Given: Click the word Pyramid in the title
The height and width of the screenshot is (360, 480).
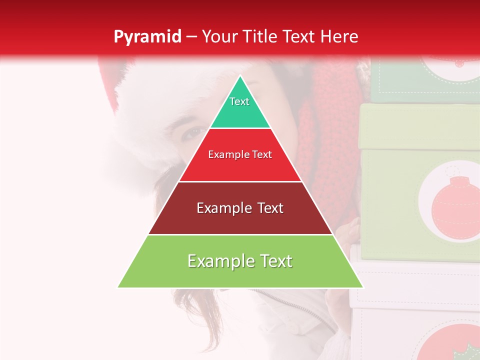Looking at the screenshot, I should tap(147, 36).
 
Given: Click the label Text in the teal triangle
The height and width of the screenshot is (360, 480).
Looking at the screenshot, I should tap(239, 101).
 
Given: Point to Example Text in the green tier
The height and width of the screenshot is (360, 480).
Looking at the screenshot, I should tap(240, 261).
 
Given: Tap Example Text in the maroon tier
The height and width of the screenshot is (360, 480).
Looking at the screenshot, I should tap(240, 208).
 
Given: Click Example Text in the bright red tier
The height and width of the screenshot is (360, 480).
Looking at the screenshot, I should tap(240, 154).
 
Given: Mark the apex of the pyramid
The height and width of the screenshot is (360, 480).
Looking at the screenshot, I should tap(240, 77).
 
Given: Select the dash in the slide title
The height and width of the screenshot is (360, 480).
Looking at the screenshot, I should tap(191, 36).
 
